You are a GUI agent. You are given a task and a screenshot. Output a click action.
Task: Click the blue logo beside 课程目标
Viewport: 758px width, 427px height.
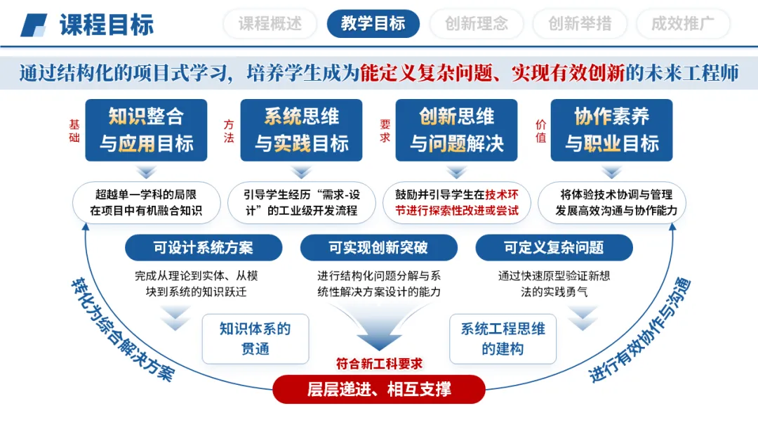pos(33,25)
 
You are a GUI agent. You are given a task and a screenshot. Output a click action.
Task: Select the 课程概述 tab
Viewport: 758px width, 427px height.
pos(270,24)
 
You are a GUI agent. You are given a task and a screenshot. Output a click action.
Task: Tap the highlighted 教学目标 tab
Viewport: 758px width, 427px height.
pos(373,24)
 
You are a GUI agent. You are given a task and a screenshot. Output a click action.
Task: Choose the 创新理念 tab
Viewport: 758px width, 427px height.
pos(477,24)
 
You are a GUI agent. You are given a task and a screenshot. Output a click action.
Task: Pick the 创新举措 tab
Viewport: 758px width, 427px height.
pos(580,24)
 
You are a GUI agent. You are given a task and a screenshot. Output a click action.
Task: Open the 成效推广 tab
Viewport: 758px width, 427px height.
pos(683,24)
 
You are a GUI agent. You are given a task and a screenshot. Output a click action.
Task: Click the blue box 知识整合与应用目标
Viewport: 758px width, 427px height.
pos(146,130)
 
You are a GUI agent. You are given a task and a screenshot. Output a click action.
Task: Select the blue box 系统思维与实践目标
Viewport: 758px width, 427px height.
pos(301,130)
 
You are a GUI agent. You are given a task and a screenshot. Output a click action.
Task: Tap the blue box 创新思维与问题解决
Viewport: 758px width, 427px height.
pos(457,130)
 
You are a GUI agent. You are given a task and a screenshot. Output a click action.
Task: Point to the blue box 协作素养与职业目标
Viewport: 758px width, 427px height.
pos(612,130)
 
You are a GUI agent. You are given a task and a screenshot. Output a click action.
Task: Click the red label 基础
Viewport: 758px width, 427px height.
pos(74,130)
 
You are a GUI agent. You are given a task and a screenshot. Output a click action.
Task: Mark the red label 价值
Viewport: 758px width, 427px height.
pos(540,130)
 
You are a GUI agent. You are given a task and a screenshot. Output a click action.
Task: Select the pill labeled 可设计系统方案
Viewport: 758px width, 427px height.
pos(204,248)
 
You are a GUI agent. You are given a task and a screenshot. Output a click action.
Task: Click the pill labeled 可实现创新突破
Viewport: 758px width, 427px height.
pos(378,248)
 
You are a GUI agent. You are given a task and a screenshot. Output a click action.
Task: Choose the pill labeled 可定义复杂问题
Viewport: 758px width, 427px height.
pos(554,248)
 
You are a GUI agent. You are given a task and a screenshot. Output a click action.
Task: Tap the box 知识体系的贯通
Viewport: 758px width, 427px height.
pos(255,339)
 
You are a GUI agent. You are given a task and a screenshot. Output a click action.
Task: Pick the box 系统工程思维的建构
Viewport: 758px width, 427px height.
pos(503,339)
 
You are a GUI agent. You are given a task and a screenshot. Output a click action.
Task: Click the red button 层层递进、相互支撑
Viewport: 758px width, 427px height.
pos(379,389)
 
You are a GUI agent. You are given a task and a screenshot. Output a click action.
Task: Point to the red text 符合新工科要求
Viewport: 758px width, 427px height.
pos(379,363)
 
